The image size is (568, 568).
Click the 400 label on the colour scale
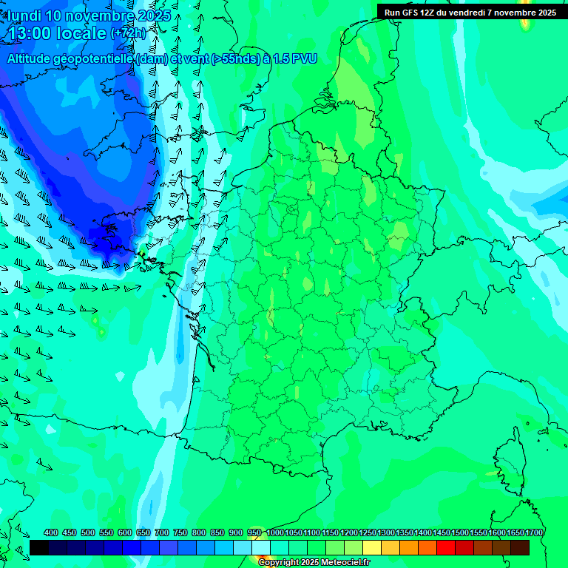pos(51,532)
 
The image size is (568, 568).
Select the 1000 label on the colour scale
pos(275,532)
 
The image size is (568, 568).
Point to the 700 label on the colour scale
pos(162,532)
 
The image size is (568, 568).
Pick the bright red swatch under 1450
pos(446,547)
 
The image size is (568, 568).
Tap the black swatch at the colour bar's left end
pos(39,547)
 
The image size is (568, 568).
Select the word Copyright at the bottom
pos(279,563)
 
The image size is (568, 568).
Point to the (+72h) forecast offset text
pos(128,33)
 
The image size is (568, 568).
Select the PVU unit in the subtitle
pos(305,59)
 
